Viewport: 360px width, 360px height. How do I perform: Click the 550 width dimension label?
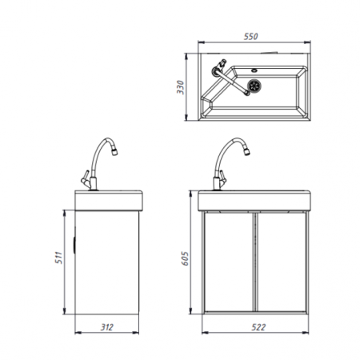tap(251, 37)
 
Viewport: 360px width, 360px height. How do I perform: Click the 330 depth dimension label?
tap(181, 87)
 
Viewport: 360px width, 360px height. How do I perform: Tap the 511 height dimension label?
tap(58, 258)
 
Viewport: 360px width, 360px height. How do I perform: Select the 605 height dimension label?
tap(185, 258)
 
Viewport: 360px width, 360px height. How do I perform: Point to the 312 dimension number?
tap(107, 327)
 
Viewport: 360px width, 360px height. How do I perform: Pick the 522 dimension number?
tap(258, 327)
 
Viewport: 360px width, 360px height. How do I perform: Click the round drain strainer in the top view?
tap(254, 86)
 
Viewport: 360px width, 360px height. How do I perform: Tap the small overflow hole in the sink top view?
tap(254, 70)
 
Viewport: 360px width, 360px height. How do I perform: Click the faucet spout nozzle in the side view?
tap(114, 152)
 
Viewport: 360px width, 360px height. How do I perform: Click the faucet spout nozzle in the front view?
tap(246, 152)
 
